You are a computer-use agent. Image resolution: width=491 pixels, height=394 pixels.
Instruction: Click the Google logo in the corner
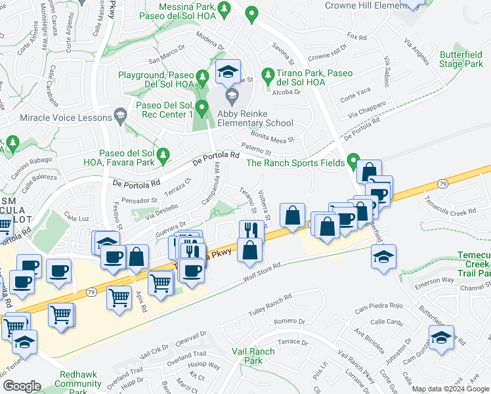[x=21, y=386]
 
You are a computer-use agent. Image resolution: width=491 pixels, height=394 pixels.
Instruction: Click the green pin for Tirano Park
[x=267, y=76]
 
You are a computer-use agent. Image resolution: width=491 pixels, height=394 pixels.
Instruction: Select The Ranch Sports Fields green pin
[x=353, y=160]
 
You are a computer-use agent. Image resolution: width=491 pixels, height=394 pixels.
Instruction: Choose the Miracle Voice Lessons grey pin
[x=119, y=117]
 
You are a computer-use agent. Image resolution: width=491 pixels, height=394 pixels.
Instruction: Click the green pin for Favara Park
[x=163, y=156]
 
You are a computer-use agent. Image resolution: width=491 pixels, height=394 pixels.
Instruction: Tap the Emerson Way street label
[x=435, y=280]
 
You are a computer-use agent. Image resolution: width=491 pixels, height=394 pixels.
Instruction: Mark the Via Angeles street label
[x=417, y=52]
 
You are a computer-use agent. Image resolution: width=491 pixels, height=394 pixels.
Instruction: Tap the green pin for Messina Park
[x=224, y=9]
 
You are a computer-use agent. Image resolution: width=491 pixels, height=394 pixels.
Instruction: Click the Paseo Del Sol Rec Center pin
[x=202, y=107]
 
